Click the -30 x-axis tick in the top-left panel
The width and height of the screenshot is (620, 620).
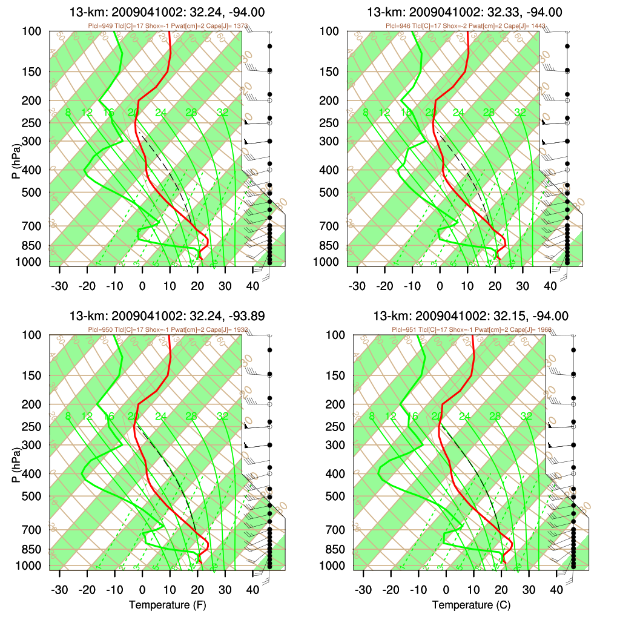point(59,286)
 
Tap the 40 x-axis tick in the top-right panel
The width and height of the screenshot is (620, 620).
point(550,286)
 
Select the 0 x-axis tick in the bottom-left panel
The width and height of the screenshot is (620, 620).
point(142,590)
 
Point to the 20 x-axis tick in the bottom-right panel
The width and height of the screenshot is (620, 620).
point(501,590)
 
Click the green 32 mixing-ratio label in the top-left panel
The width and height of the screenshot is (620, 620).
point(223,112)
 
